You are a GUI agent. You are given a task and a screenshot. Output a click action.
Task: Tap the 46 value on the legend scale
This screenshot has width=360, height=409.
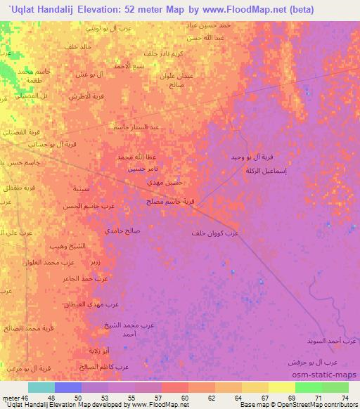click(x=25, y=398)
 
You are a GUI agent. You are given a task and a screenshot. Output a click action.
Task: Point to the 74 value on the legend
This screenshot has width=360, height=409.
click(x=345, y=398)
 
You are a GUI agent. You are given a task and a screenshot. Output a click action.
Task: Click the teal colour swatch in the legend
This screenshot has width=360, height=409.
click(x=41, y=387)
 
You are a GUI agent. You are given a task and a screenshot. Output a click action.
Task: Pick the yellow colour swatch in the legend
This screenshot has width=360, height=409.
click(x=281, y=387)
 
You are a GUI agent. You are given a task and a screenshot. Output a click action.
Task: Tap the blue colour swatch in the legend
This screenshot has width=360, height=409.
click(x=67, y=387)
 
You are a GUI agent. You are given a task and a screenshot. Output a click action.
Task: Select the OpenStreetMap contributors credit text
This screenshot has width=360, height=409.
click(x=310, y=405)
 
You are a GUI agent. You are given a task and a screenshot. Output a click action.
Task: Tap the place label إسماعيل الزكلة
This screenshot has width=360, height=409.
click(x=264, y=170)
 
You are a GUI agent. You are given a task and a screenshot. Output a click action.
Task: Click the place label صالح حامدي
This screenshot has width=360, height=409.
click(x=123, y=231)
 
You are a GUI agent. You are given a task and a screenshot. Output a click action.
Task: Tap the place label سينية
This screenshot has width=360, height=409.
click(x=81, y=189)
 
